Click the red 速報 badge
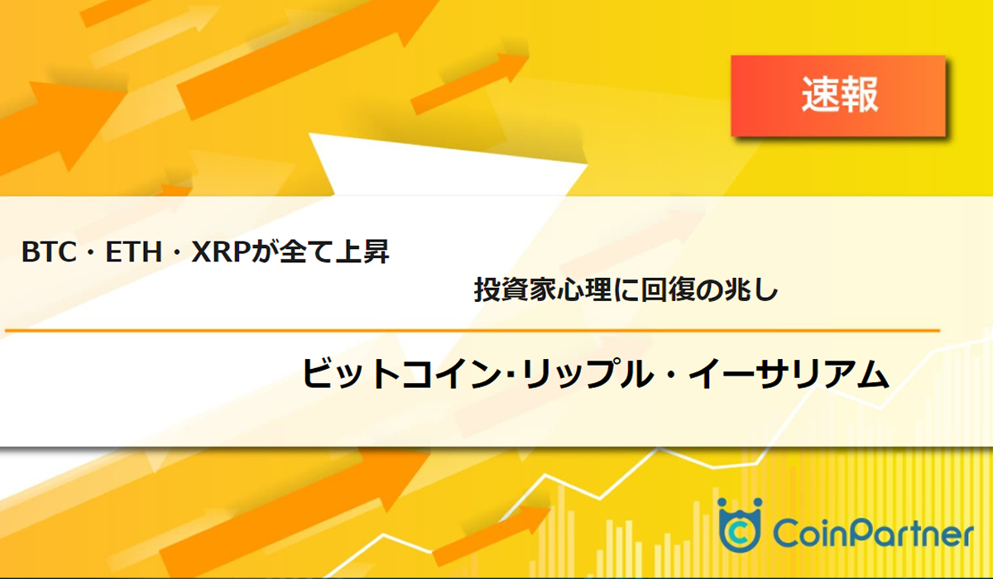837,96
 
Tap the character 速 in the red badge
819,96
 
